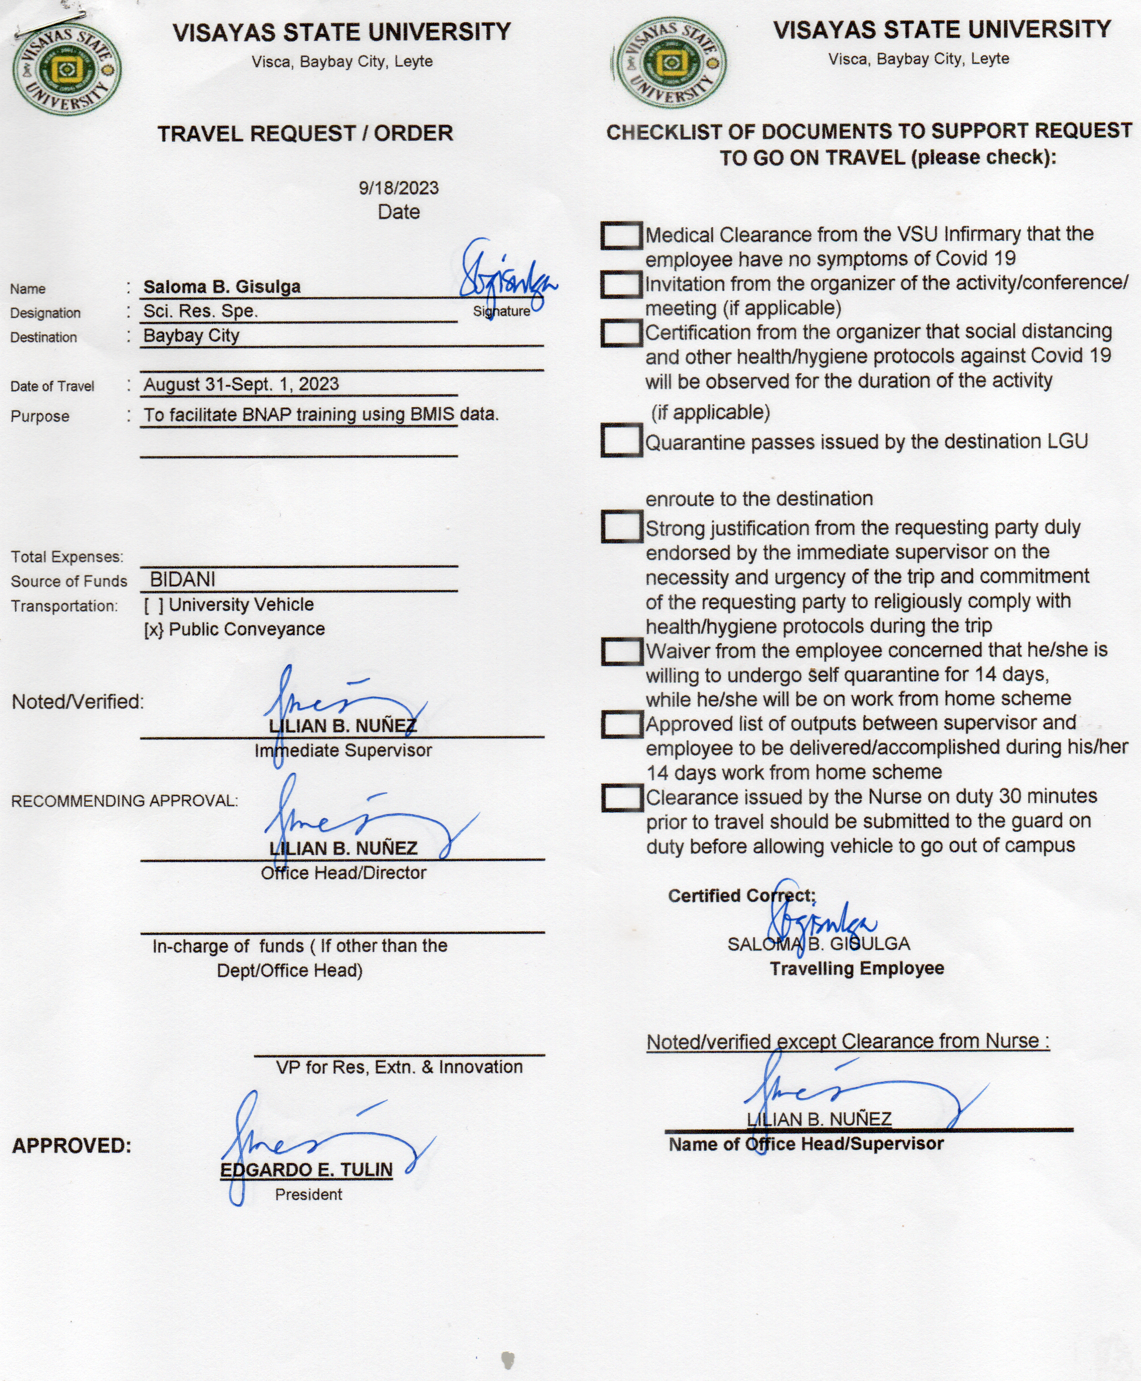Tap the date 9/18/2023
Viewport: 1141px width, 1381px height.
398,188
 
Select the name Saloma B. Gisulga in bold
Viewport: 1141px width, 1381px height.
222,287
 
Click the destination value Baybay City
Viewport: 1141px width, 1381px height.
191,336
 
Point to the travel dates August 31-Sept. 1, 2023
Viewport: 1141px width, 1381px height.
241,384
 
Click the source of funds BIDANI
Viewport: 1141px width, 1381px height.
182,579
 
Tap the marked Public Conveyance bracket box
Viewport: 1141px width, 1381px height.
153,630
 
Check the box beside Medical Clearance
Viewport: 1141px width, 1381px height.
620,235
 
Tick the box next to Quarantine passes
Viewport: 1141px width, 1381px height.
620,440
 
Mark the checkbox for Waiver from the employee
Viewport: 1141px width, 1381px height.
621,651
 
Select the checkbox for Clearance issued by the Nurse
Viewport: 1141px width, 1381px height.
621,798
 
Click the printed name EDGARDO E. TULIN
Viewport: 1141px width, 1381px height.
306,1170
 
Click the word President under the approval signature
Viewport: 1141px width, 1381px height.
308,1194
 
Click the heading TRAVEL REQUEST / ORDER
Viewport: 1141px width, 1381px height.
305,133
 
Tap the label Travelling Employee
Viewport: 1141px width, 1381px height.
856,969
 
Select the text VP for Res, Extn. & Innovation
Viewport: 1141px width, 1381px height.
399,1067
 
